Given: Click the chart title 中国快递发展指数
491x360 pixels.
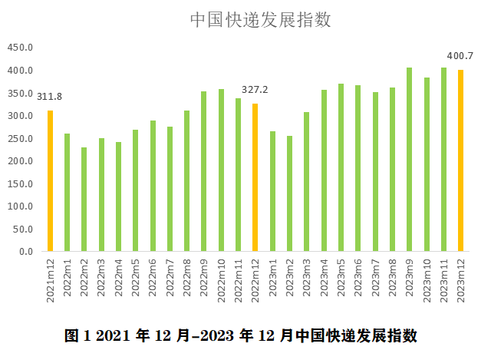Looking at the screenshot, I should pos(261,20).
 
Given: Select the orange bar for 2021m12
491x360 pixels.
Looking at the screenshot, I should pos(51,181).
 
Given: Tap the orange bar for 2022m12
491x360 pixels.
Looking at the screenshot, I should pos(255,177).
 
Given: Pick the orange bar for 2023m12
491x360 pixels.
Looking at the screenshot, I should pos(460,160).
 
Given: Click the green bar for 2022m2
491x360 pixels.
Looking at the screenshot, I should pos(84,200).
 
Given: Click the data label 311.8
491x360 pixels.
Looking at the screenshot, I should pos(50,95).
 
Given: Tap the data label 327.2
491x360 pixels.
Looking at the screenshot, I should pos(255,89).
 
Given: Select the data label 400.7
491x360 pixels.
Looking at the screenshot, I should pos(460,56).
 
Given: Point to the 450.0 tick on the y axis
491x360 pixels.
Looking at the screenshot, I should pos(21,48).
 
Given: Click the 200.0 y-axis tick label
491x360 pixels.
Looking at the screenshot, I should pos(21,161).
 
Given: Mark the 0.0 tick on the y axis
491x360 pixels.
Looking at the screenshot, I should pos(26,252).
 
